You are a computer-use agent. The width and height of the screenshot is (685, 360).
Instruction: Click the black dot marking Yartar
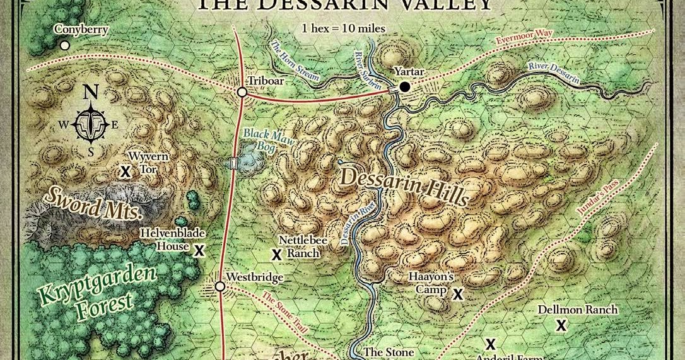(x=404, y=86)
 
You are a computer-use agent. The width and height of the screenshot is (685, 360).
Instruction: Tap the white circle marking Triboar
(x=242, y=93)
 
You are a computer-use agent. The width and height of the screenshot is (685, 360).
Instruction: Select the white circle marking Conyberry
(x=64, y=45)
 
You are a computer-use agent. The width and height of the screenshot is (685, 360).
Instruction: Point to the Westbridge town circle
(x=220, y=287)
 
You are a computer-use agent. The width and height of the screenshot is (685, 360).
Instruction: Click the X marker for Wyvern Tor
(x=126, y=171)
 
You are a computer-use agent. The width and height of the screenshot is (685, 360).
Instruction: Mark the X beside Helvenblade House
(x=199, y=250)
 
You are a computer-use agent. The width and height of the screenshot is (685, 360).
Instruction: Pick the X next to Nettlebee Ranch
(x=276, y=255)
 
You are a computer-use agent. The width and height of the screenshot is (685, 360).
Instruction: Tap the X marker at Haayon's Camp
(x=458, y=294)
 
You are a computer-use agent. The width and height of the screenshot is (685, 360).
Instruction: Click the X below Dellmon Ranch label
(x=559, y=325)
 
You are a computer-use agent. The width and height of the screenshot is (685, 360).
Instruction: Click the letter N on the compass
(x=91, y=92)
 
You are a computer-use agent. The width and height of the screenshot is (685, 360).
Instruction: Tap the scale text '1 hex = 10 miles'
(x=343, y=29)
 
